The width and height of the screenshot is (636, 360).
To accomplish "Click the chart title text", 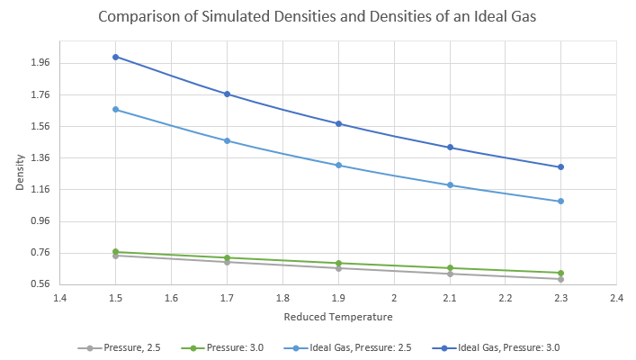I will [317, 18].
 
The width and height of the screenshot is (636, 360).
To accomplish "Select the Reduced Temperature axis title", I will [337, 317].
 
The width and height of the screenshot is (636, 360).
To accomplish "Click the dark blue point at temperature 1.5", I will [116, 57].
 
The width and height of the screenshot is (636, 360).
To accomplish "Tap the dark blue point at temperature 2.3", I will [560, 167].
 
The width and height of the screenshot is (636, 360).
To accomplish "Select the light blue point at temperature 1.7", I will [228, 140].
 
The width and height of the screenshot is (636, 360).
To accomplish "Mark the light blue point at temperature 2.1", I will [450, 185].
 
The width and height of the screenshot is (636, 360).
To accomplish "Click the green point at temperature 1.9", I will [338, 264].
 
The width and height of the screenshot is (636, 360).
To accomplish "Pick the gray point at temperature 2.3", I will [560, 279].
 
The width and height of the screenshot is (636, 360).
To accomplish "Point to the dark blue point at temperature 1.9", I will [338, 123].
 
